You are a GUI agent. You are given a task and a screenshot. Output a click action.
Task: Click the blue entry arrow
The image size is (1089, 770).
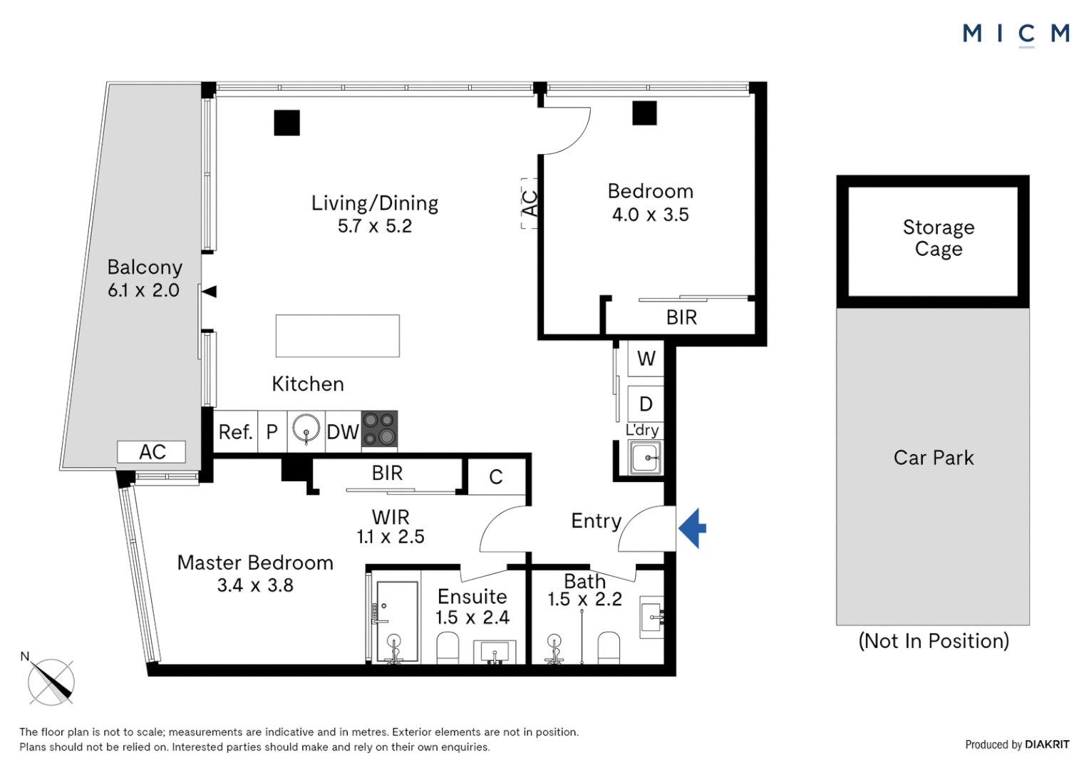point(693,528)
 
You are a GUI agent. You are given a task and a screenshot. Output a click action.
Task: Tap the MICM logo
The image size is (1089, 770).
point(1016,34)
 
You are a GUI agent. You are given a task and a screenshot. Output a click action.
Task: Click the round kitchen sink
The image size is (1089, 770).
point(306,429)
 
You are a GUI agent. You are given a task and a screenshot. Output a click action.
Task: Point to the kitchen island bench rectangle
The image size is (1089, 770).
point(337,336)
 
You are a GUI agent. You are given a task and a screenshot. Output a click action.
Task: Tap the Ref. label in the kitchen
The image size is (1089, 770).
point(235,432)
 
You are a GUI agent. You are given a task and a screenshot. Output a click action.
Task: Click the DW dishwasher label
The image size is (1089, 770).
point(343,432)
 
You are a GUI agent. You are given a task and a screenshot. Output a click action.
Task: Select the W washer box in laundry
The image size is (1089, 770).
point(646,359)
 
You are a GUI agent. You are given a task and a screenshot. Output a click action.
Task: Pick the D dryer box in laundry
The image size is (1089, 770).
point(646,404)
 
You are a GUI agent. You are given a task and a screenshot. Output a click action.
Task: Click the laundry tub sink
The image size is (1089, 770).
point(646,457)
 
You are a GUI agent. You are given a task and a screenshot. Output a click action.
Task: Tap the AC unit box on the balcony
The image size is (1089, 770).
point(152,452)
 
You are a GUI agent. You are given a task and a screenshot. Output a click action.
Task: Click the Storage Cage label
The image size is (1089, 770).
point(938,238)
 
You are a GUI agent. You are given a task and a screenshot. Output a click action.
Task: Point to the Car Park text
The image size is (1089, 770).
point(933,458)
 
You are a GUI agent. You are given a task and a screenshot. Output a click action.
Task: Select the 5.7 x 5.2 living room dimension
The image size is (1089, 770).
point(375,226)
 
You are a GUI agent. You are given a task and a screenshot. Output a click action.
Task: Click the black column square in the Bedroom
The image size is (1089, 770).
point(644,113)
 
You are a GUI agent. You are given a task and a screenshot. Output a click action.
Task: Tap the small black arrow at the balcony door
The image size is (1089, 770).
point(209,291)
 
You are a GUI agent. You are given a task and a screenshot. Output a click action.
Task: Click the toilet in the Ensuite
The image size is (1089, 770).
point(447,648)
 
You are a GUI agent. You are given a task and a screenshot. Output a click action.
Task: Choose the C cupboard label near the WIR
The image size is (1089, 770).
point(496,476)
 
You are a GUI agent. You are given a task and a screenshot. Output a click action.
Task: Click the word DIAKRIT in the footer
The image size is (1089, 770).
point(1047,744)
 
